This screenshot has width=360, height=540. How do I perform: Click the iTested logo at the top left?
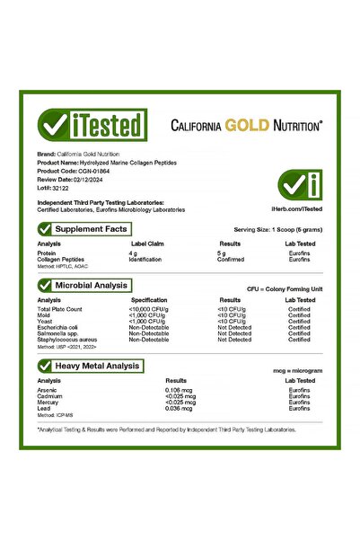click(x=91, y=126)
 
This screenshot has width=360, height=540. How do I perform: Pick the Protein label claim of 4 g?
click(x=134, y=253)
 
